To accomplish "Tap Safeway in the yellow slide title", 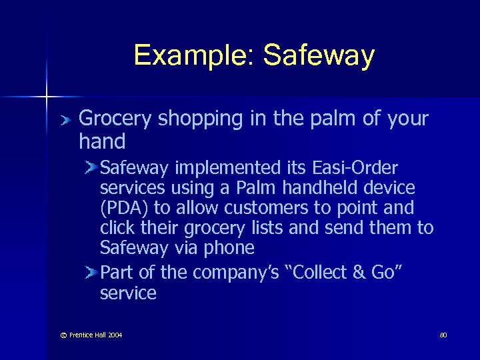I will [x=319, y=55].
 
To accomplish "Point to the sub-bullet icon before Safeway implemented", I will [x=91, y=167].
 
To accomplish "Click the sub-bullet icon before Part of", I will [x=91, y=271].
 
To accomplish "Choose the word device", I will [x=387, y=187].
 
